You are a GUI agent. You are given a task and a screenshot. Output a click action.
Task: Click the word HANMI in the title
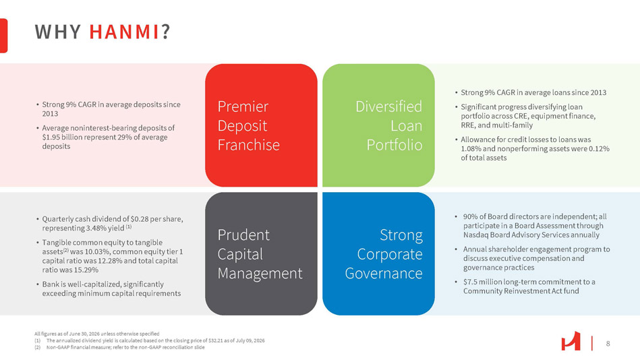pos(124,32)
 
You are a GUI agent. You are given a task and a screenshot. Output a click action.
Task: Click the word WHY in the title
pos(57,32)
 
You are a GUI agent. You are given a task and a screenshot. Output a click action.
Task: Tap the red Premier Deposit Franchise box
pos(261,125)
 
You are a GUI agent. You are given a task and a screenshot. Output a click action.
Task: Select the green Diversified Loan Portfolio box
pos(378,125)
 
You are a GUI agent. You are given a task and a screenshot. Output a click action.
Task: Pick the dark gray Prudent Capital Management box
pos(261,253)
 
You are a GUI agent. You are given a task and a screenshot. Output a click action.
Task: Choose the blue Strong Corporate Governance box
pos(378,253)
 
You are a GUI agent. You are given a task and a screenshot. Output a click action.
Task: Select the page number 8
pos(608,344)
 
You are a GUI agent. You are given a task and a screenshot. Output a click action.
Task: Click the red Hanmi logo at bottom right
pos(571,341)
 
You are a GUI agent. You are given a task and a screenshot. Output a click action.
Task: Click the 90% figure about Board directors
pos(469,216)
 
